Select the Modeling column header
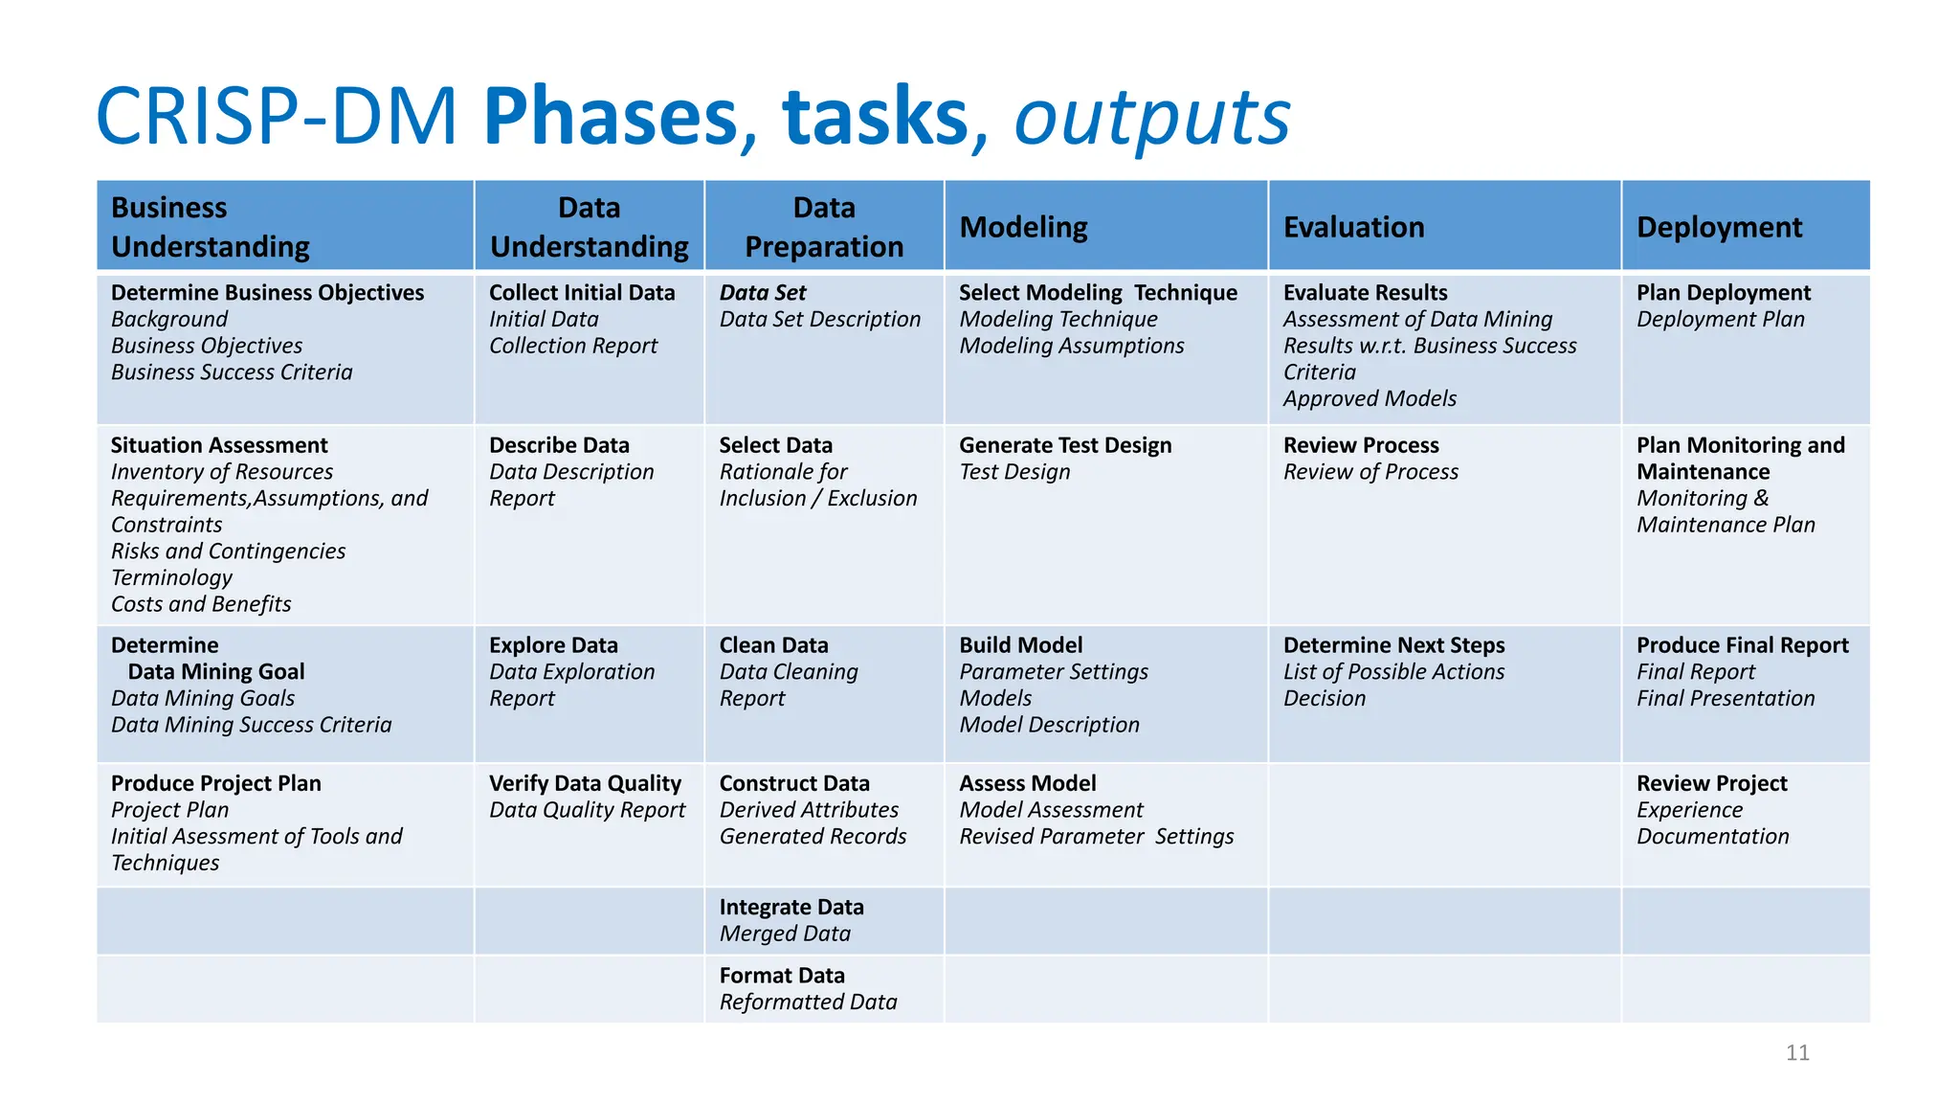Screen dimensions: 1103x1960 (x=1023, y=228)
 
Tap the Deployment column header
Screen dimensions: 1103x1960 (x=1719, y=228)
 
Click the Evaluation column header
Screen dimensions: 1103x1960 (x=1353, y=228)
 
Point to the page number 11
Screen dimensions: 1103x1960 (x=1797, y=1053)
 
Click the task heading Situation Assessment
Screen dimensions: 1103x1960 (x=219, y=445)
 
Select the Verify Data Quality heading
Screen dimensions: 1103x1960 (x=585, y=783)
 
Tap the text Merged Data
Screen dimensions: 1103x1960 (x=785, y=934)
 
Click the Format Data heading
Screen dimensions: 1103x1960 (x=782, y=976)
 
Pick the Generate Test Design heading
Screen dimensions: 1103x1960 (x=1065, y=445)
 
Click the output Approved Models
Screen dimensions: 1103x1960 (x=1370, y=398)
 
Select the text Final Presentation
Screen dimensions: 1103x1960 (x=1726, y=699)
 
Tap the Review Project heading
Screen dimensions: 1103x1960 (x=1711, y=783)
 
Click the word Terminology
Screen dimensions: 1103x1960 (x=172, y=577)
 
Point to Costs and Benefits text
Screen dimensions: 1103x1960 (x=201, y=604)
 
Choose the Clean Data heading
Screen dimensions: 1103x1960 (x=773, y=645)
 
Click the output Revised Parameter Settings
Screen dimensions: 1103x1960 (x=1097, y=837)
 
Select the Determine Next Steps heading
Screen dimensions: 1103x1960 (x=1393, y=645)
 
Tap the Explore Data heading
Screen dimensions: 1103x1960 (x=553, y=645)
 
